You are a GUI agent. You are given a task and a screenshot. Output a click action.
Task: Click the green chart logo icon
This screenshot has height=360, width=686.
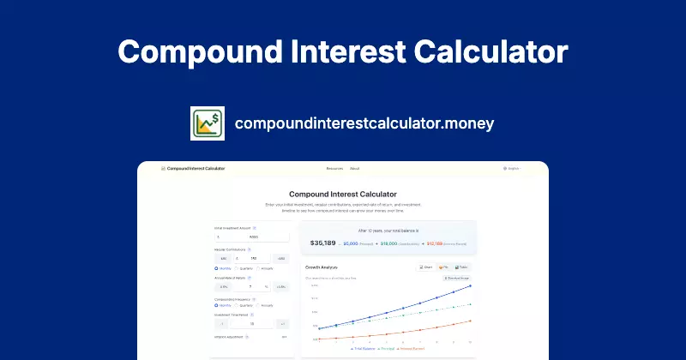[207, 123]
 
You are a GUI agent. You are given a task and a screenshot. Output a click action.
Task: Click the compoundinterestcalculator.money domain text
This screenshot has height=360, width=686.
[364, 123]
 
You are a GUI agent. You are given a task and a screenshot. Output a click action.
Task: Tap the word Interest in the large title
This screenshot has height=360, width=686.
[343, 51]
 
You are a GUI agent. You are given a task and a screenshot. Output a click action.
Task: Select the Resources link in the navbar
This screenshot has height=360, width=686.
[334, 169]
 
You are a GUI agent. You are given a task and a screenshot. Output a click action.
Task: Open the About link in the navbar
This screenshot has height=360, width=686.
[355, 169]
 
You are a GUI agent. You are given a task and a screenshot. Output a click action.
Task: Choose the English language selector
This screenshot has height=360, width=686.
[513, 169]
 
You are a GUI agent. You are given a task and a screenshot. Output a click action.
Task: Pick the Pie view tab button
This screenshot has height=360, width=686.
[446, 267]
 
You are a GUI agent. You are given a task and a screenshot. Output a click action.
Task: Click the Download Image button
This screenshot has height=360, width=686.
[456, 278]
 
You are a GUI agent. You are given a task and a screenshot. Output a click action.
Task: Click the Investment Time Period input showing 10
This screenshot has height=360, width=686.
[252, 324]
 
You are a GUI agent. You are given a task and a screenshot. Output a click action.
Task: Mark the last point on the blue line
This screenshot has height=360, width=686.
[471, 286]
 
